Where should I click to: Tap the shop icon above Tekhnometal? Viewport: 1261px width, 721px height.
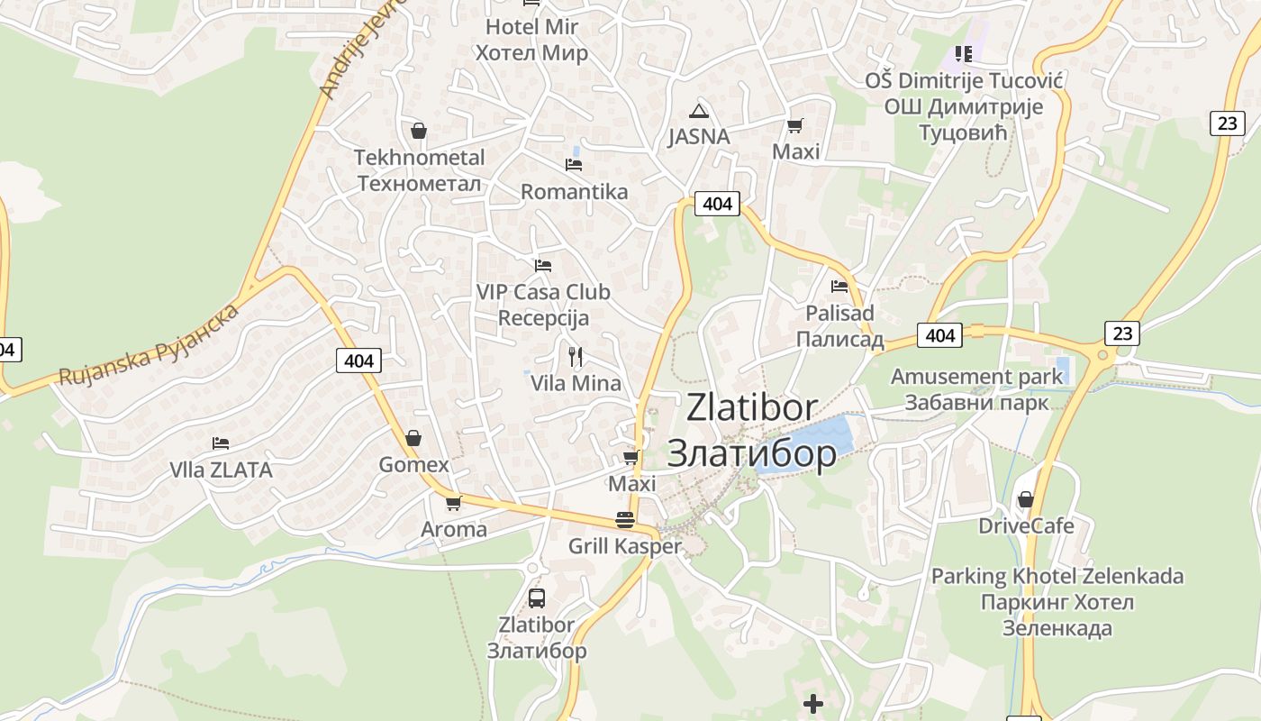[418, 131]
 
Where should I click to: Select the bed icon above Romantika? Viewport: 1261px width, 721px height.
[574, 165]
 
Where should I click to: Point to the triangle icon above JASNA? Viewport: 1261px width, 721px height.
[698, 112]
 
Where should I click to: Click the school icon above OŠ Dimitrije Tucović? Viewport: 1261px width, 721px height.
[964, 54]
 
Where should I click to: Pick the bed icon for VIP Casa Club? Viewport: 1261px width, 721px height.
[542, 266]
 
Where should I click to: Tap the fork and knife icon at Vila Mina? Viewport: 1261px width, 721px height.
[576, 357]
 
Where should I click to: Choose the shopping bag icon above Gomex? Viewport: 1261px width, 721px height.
[413, 438]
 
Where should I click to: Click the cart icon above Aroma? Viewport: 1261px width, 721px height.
[453, 503]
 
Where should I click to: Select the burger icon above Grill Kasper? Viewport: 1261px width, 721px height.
[625, 519]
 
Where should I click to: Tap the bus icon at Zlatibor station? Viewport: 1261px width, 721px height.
[536, 598]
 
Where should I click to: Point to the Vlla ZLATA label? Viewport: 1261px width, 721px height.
[221, 470]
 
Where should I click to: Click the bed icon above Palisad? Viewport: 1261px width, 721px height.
[839, 287]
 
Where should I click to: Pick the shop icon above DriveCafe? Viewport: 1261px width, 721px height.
[1025, 499]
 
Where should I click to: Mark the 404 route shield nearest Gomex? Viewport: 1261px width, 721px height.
[358, 360]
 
